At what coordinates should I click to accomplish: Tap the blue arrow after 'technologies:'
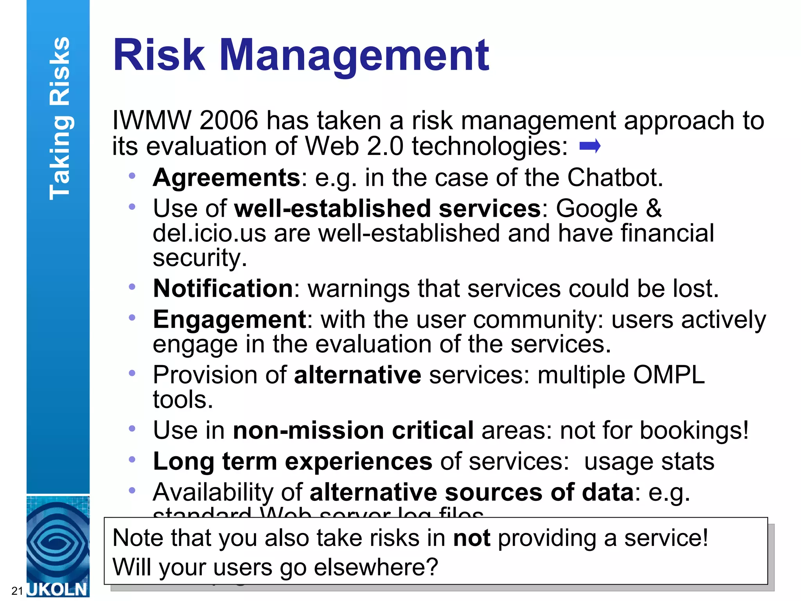(590, 146)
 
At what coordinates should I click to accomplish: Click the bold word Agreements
(226, 178)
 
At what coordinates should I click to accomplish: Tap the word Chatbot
(615, 178)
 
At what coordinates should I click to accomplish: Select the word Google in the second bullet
(597, 209)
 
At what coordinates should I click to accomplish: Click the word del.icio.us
(209, 234)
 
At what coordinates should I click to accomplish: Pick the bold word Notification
(223, 289)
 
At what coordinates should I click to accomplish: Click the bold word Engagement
(230, 320)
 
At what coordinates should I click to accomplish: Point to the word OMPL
(669, 375)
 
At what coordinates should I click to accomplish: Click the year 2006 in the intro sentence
(229, 120)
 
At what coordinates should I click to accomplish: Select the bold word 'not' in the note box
(472, 538)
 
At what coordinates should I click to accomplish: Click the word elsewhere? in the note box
(376, 567)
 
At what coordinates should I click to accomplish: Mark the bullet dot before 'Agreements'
(132, 176)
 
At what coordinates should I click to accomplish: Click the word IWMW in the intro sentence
(152, 120)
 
